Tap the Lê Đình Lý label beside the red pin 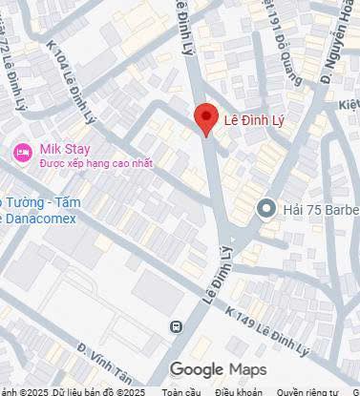click(x=254, y=120)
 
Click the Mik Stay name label click(x=64, y=149)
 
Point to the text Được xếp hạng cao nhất click(x=96, y=164)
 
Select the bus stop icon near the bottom click(x=175, y=327)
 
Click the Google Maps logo click(x=219, y=370)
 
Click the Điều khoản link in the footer click(x=238, y=391)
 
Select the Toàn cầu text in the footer click(x=181, y=391)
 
